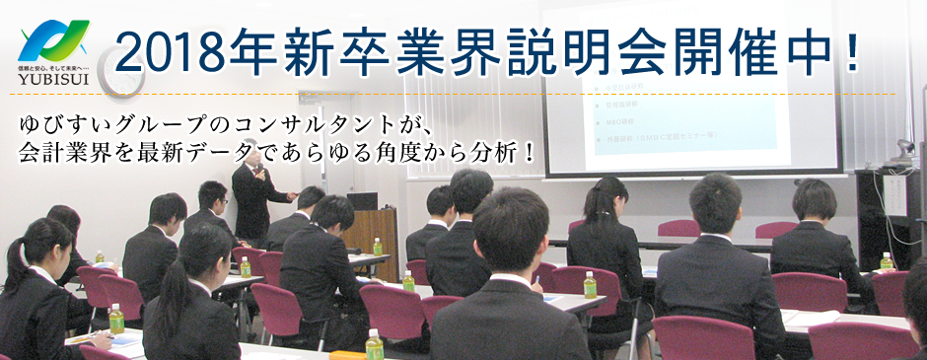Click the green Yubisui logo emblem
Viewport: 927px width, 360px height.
click(x=53, y=41)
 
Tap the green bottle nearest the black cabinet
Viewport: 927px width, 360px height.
click(x=886, y=261)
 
